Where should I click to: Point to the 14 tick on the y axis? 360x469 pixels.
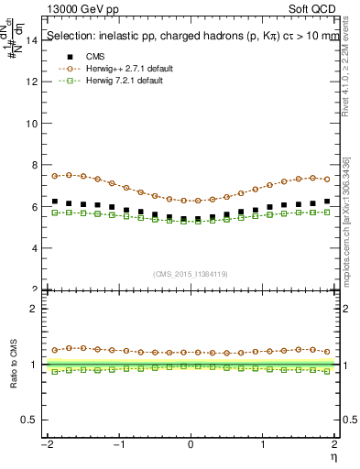34,40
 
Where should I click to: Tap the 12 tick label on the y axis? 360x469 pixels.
34,82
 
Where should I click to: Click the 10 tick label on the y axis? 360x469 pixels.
34,124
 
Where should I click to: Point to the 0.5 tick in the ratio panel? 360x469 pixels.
32,420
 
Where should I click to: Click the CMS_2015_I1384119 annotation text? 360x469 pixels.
191,274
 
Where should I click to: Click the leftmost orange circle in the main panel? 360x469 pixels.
55,176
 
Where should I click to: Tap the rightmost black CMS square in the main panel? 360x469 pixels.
327,202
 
